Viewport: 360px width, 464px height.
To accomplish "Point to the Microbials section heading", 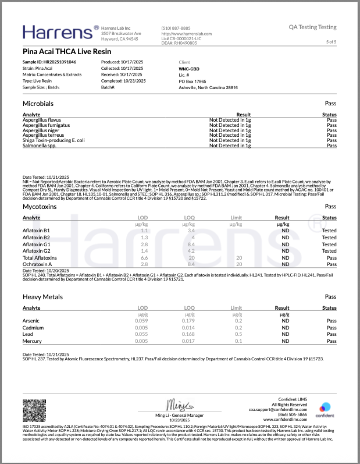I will pyautogui.click(x=38, y=102).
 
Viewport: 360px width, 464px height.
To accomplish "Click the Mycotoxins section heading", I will pyautogui.click(x=40, y=207).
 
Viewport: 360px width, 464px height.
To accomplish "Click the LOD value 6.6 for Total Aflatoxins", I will pyautogui.click(x=145, y=257).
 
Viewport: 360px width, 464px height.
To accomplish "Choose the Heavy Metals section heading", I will pyautogui.click(x=43, y=297).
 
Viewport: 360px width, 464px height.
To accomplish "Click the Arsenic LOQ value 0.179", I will pyautogui.click(x=189, y=321).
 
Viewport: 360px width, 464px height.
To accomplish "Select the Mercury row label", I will pyautogui.click(x=33, y=341).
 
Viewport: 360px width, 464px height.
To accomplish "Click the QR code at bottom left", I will pyautogui.click(x=34, y=410).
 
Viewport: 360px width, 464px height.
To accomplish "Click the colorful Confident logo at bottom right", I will pyautogui.click(x=325, y=408).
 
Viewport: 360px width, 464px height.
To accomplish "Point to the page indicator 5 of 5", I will pyautogui.click(x=331, y=42).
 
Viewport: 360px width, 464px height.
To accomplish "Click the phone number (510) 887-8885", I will pyautogui.click(x=176, y=28).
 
